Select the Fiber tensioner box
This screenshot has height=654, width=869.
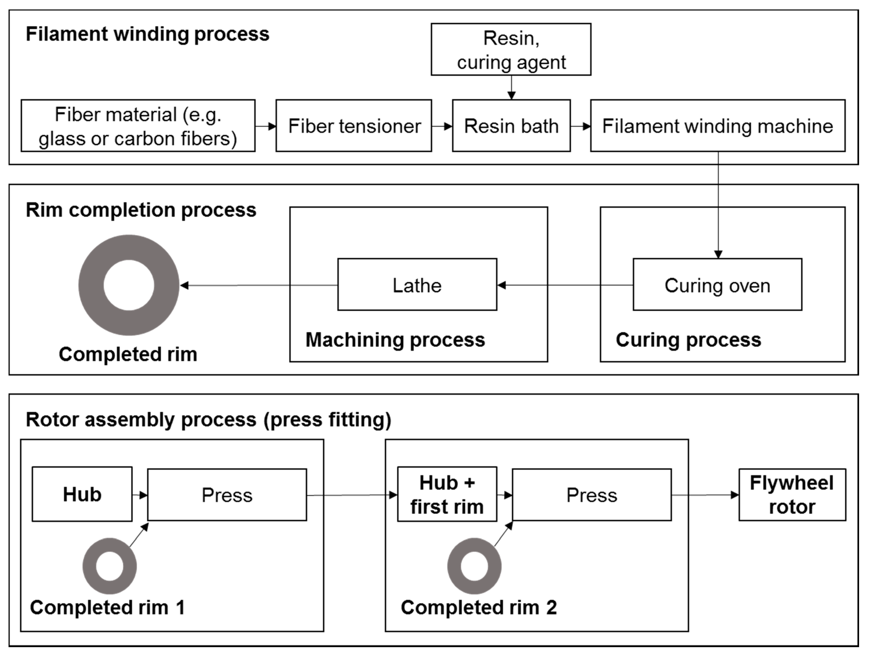pos(354,126)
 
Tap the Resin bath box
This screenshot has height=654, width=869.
pos(511,126)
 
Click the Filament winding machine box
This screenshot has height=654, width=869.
pos(717,126)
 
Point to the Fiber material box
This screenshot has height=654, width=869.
pos(138,126)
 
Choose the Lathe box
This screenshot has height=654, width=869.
pos(417,285)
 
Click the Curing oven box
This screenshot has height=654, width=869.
pos(717,285)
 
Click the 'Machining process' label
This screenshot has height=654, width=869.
pos(395,340)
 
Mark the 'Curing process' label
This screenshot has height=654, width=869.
pos(688,340)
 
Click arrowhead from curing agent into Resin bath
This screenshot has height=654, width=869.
pos(511,95)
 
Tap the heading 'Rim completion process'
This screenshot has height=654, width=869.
pos(141,210)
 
